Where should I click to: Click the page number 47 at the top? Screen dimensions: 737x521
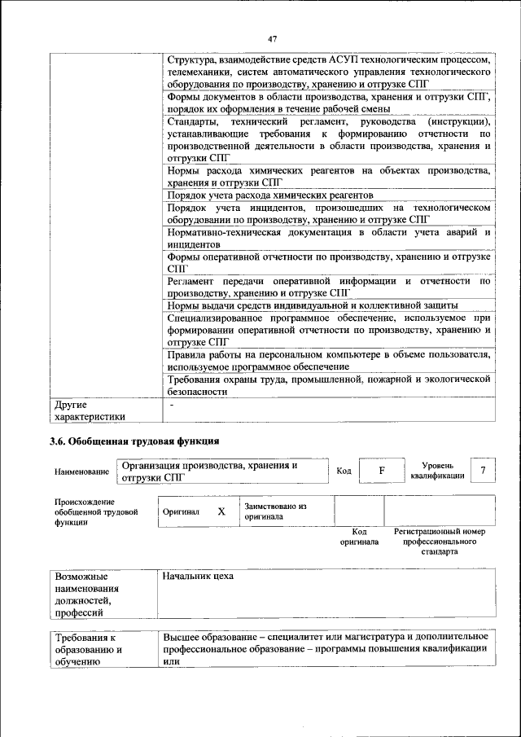272,38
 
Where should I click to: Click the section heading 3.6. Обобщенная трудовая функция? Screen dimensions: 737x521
134,442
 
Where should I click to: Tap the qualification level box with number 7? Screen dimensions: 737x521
484,471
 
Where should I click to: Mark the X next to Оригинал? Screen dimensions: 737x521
221,511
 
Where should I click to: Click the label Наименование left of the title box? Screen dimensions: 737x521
81,472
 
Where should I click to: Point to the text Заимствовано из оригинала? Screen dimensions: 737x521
275,511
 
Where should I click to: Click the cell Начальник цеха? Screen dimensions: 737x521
198,577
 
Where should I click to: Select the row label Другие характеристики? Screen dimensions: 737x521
90,410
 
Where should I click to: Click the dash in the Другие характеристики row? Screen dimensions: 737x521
172,405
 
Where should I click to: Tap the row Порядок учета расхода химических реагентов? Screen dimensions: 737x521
270,195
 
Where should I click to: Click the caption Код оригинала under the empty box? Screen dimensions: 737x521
359,536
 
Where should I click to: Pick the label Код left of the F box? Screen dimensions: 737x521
344,472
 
